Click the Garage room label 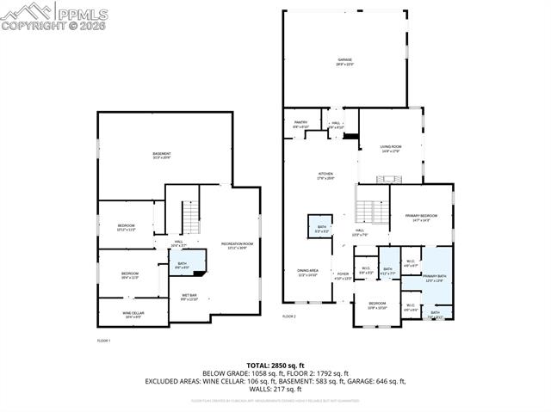(344, 61)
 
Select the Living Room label (391, 148)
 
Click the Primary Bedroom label (420, 217)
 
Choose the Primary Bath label (435, 279)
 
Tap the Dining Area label (307, 274)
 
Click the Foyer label (343, 276)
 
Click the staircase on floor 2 (371, 210)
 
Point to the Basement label (162, 156)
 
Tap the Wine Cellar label (133, 316)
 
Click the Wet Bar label (189, 298)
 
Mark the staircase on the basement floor (189, 213)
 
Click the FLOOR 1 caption (103, 341)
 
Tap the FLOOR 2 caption (289, 317)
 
